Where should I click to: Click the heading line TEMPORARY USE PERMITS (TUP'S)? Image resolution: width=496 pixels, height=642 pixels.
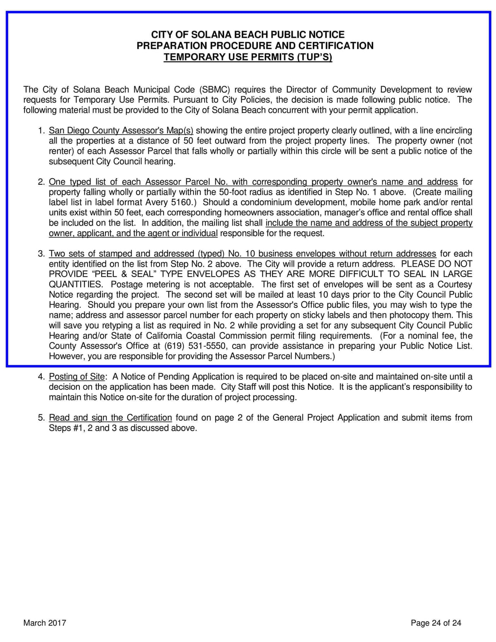click(248, 57)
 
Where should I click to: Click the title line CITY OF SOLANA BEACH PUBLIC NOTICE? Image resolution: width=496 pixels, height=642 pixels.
click(248, 35)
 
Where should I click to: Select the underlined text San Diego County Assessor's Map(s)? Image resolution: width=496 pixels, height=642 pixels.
click(121, 131)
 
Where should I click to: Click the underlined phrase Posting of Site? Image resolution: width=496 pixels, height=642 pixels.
click(76, 377)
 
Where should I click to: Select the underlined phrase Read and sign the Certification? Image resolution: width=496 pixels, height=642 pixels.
click(110, 418)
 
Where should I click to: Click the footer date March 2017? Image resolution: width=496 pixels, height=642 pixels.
click(45, 623)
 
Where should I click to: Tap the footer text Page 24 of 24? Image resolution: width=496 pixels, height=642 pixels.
click(436, 623)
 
